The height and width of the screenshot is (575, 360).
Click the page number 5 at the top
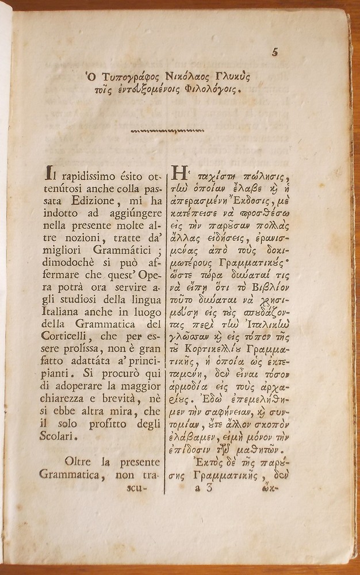[x=274, y=52]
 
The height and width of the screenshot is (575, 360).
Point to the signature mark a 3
[x=204, y=488]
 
